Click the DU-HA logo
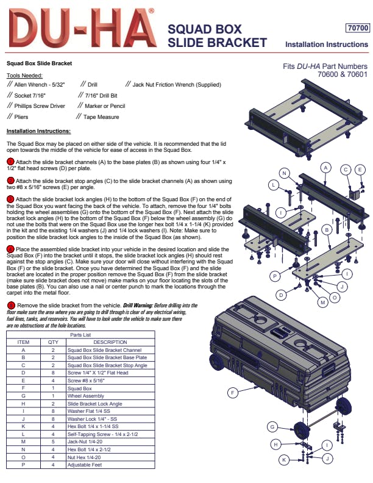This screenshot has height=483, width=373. [82, 27]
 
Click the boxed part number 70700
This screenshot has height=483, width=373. [357, 28]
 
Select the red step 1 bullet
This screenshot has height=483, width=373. [10, 162]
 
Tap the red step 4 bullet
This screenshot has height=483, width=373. [10, 249]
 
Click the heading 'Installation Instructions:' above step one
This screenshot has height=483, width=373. [39, 131]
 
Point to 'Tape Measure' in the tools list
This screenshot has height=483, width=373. [101, 117]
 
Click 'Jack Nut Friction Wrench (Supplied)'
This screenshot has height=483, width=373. [177, 84]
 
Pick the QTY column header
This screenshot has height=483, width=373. [53, 342]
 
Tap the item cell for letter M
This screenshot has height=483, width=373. [23, 442]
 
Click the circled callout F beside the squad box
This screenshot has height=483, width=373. [233, 393]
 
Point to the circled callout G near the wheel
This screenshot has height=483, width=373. [272, 427]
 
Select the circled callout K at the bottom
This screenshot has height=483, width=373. [284, 460]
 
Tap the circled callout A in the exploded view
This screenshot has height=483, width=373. [325, 168]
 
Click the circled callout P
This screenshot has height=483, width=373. [274, 276]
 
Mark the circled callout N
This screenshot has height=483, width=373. [285, 173]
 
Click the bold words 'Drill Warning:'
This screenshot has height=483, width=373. [138, 306]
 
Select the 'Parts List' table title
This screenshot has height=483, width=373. [80, 335]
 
